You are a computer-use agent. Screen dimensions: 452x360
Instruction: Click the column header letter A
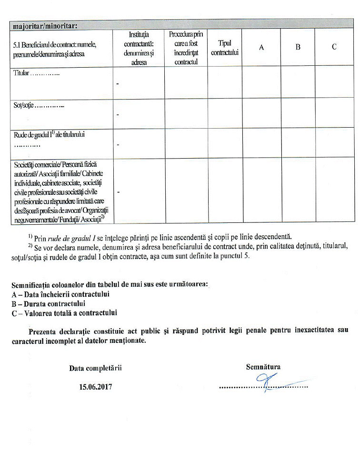tap(261, 47)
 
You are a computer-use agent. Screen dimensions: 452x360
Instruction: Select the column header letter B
tap(298, 47)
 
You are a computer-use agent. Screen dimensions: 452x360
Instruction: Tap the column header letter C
tap(334, 47)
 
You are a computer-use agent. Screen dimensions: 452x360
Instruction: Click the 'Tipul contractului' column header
tap(225, 47)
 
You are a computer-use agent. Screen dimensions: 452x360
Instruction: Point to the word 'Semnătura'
tap(263, 367)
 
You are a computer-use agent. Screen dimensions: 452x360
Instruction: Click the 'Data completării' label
tap(99, 368)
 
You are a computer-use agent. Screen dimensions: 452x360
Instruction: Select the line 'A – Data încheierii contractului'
tap(60, 294)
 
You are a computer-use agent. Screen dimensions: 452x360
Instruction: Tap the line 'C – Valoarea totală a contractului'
tap(64, 313)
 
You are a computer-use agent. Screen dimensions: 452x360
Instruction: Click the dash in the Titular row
tap(117, 84)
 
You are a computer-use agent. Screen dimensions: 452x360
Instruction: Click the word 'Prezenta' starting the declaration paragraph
tap(42, 331)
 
